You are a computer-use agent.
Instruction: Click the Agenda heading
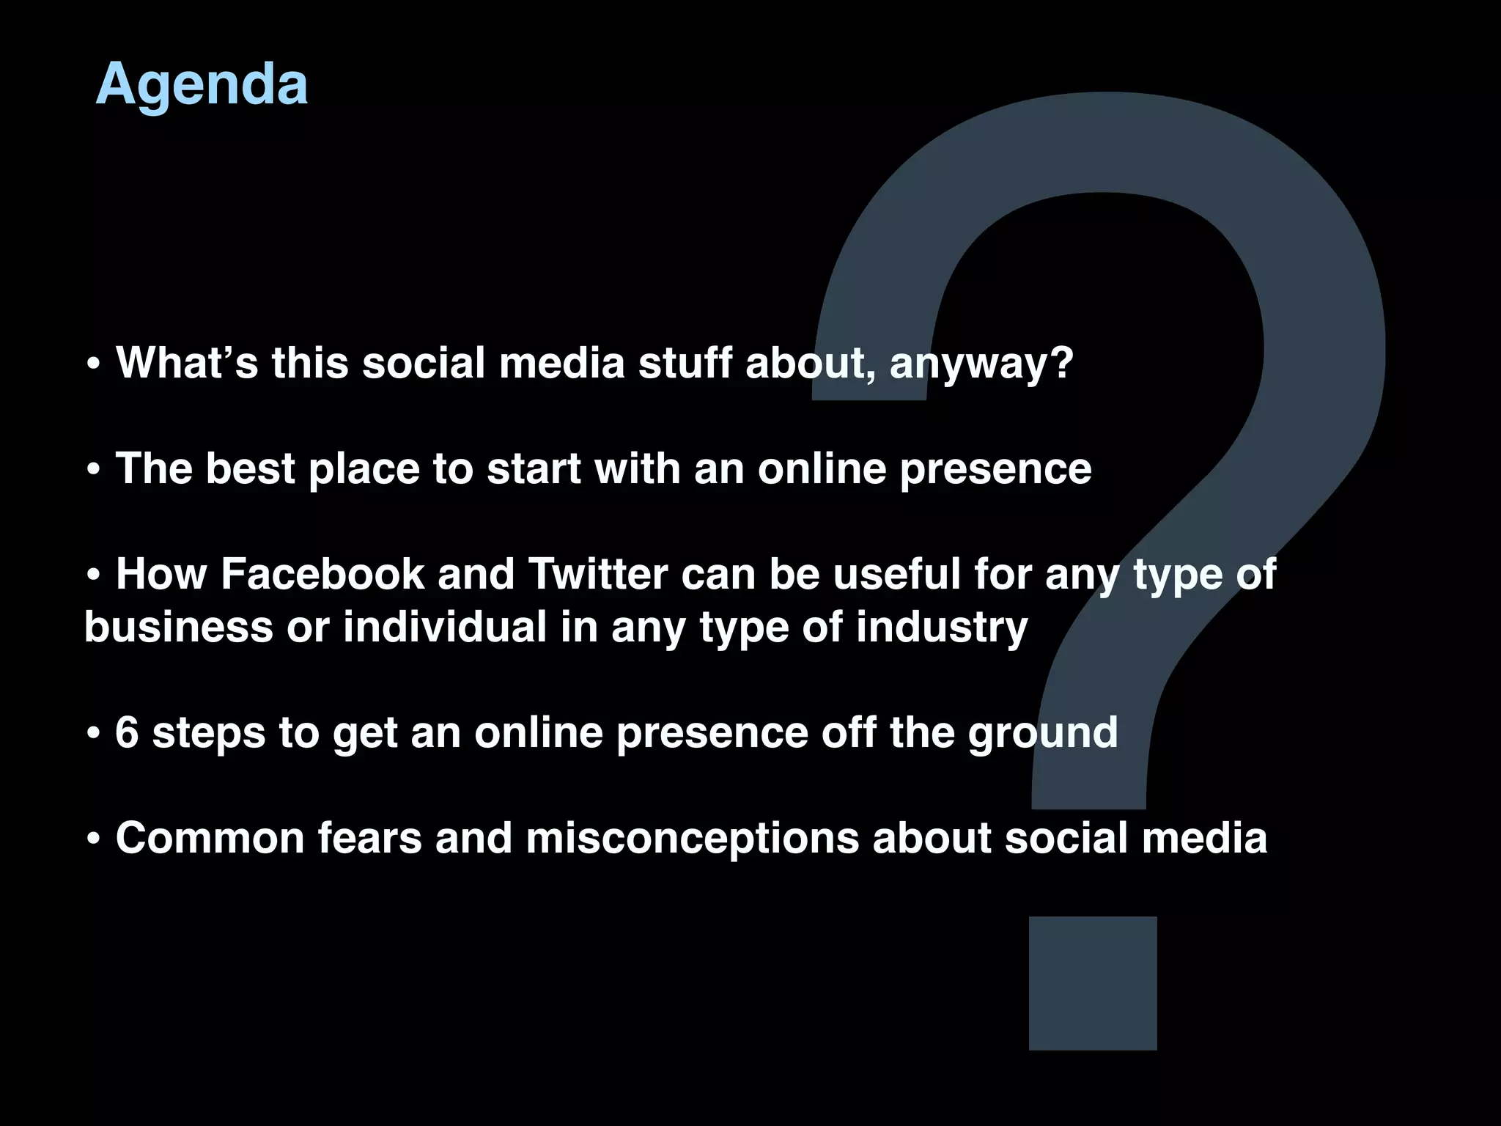tap(202, 84)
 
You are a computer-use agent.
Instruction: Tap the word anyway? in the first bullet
tap(981, 364)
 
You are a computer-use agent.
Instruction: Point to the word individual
tap(445, 628)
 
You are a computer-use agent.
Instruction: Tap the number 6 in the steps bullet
tap(127, 732)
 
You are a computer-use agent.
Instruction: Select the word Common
tap(210, 837)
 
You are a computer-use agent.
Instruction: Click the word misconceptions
tap(692, 839)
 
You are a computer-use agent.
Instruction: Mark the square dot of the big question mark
tap(1093, 983)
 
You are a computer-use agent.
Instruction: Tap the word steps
tap(208, 733)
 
